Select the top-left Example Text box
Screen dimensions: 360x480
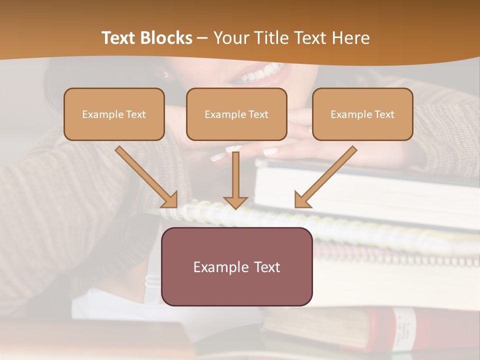tap(114, 114)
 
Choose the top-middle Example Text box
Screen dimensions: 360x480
tap(236, 114)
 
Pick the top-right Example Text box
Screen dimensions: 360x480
tap(362, 114)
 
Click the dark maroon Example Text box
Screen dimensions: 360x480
tap(236, 266)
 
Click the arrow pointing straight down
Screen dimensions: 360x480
tap(235, 180)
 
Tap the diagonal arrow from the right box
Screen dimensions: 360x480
tap(325, 177)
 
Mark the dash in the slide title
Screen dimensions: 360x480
tap(202, 38)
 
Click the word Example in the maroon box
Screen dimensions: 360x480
tap(218, 267)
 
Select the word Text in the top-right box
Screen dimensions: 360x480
tap(384, 114)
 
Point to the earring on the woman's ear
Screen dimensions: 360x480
tap(166, 75)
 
